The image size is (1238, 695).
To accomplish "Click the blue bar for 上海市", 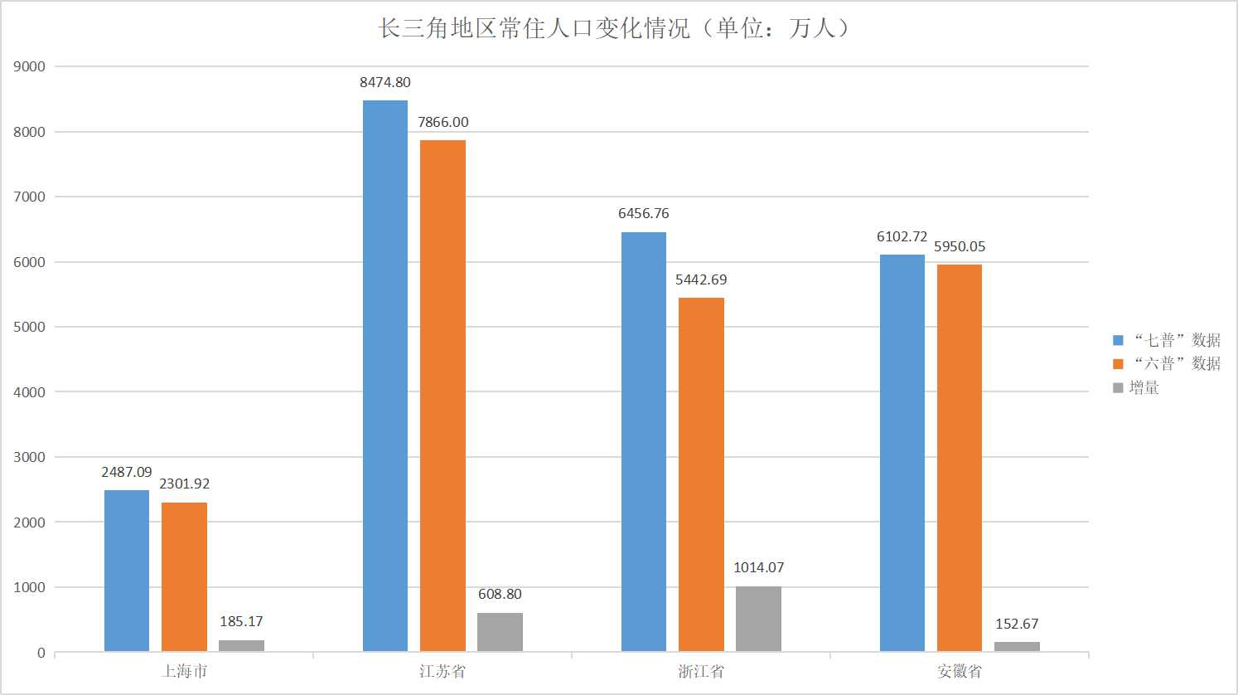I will pyautogui.click(x=127, y=571).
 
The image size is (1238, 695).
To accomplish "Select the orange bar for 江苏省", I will pyautogui.click(x=442, y=396).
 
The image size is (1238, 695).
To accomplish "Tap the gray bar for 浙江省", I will pyautogui.click(x=758, y=619).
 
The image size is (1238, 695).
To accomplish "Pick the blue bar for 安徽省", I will pyautogui.click(x=902, y=453).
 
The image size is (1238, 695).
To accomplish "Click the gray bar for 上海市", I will pyautogui.click(x=241, y=645).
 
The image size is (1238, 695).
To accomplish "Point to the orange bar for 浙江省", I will pyautogui.click(x=701, y=474).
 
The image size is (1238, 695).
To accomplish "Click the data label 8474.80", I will pyautogui.click(x=385, y=82).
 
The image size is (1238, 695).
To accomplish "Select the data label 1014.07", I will pyautogui.click(x=758, y=567).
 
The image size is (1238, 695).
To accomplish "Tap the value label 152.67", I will pyautogui.click(x=1017, y=624).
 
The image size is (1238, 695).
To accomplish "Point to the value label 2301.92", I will pyautogui.click(x=184, y=484).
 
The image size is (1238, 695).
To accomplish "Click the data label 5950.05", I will pyautogui.click(x=960, y=246).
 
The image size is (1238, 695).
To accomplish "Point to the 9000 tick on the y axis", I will pyautogui.click(x=29, y=66).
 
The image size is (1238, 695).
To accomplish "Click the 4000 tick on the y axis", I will pyautogui.click(x=29, y=392).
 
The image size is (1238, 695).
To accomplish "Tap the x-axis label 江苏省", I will pyautogui.click(x=442, y=671).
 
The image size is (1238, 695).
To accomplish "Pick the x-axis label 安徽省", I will pyautogui.click(x=960, y=671).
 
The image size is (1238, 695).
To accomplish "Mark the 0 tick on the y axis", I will pyautogui.click(x=41, y=653).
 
